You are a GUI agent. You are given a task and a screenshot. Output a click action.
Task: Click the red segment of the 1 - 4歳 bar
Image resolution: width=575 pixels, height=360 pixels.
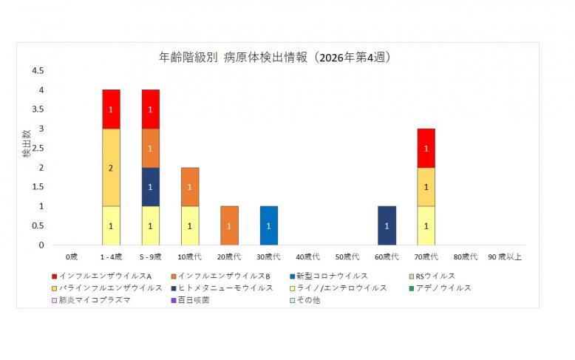[111, 109]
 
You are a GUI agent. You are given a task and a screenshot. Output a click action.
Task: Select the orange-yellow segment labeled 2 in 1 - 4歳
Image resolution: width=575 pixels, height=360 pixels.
[111, 167]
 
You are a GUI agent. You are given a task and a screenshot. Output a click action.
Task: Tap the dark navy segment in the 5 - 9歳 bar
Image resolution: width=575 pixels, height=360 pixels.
[151, 186]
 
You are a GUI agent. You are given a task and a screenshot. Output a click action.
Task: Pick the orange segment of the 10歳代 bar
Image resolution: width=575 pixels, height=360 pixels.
[190, 186]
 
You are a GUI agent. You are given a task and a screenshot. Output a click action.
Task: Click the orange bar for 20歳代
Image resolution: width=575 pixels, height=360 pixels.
[229, 225]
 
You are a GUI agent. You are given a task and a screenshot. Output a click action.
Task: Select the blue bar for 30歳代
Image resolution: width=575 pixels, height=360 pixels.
[269, 225]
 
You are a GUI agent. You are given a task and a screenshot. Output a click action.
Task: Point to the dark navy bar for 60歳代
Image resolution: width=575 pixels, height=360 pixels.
[387, 225]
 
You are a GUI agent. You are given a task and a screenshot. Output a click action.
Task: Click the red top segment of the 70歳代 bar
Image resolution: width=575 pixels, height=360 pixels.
[426, 148]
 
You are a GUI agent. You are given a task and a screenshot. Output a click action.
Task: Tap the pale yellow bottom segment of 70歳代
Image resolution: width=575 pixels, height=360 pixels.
[426, 225]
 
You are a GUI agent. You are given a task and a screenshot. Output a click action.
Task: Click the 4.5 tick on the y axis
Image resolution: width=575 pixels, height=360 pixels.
[37, 71]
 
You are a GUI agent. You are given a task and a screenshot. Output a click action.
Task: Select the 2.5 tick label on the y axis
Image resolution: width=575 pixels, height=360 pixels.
[37, 148]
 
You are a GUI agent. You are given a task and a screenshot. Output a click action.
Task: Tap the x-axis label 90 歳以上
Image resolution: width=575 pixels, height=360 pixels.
[505, 257]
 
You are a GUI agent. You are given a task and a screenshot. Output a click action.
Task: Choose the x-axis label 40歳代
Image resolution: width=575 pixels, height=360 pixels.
[308, 257]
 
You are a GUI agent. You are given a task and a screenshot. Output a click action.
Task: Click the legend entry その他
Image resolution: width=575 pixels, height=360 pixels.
[307, 299]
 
